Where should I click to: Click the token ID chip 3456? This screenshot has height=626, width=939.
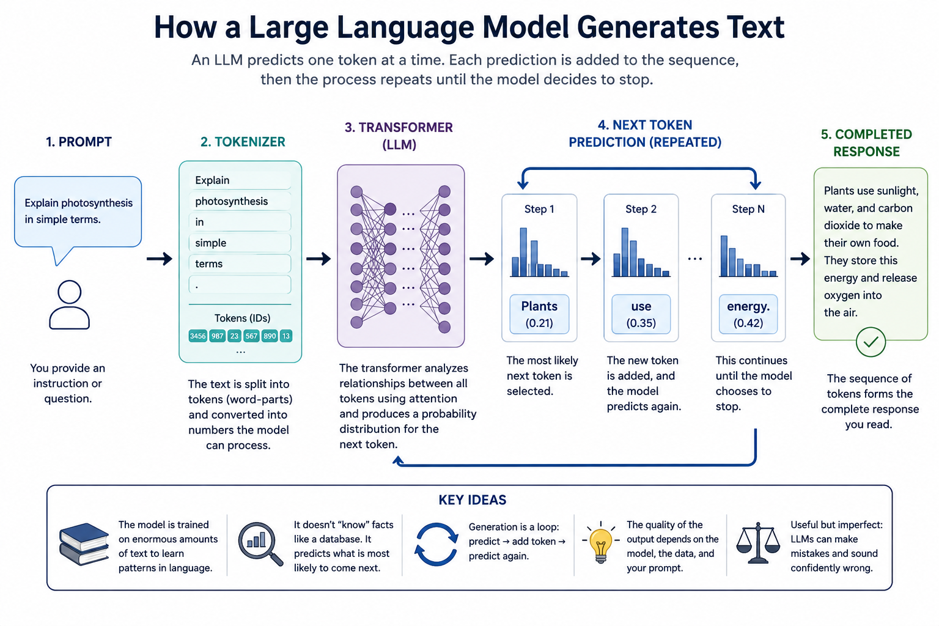tap(198, 336)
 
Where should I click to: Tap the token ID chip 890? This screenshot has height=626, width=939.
tap(270, 336)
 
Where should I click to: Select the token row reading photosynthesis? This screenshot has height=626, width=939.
tap(240, 201)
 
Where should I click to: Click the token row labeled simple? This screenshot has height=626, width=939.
tap(240, 243)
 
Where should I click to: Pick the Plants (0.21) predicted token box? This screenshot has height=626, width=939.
tap(539, 314)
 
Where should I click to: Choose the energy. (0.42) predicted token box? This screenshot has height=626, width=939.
tap(748, 314)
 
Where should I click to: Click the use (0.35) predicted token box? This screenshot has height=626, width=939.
tap(641, 314)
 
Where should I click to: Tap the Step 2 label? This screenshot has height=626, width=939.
tap(641, 209)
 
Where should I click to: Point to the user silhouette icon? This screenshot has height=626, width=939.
tap(69, 305)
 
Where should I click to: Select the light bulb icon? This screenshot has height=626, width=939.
tap(601, 542)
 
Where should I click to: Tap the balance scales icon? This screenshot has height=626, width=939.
tap(758, 542)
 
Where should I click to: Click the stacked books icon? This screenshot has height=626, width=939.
tap(84, 544)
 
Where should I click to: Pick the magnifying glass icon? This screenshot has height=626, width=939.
tap(260, 543)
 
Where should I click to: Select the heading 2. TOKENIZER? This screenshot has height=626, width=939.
tap(243, 142)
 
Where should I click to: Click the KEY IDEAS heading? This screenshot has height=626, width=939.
tap(473, 500)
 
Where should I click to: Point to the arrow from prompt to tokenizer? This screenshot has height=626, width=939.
tap(160, 259)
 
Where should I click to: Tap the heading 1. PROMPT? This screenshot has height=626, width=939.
tap(79, 142)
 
